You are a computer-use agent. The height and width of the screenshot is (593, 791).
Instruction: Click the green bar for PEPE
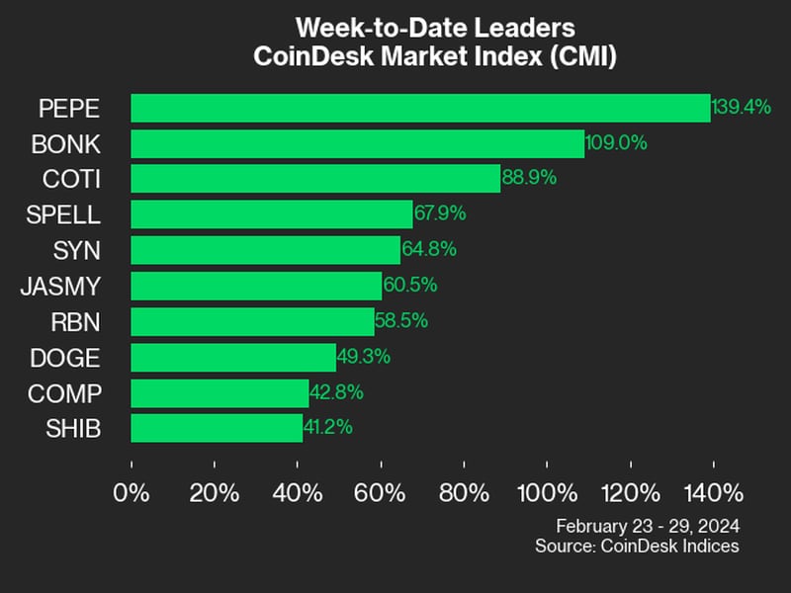(x=420, y=108)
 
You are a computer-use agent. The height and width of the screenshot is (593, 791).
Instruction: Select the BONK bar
(x=357, y=143)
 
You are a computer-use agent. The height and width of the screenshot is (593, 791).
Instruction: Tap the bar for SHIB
(x=217, y=428)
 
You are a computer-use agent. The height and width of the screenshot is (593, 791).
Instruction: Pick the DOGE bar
(x=233, y=357)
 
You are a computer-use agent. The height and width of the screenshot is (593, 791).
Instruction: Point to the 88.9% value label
(x=530, y=179)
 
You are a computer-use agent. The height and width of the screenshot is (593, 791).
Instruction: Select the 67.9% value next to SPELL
(x=441, y=214)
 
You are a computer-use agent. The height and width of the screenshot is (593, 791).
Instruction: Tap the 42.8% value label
(x=337, y=392)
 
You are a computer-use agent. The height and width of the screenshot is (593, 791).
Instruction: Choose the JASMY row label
(x=60, y=286)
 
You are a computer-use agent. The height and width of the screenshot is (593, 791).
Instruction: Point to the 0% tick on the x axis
(x=132, y=492)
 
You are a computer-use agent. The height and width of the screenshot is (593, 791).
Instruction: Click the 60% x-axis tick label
(x=381, y=492)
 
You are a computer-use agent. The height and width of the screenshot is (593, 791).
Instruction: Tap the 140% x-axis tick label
(x=712, y=492)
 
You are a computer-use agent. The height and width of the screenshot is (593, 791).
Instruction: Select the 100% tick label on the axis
(x=546, y=492)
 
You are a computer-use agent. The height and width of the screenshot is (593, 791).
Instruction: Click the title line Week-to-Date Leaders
(x=435, y=27)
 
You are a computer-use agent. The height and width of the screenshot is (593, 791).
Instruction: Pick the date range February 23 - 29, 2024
(x=648, y=525)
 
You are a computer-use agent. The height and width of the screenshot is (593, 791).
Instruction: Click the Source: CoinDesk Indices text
(x=637, y=546)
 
